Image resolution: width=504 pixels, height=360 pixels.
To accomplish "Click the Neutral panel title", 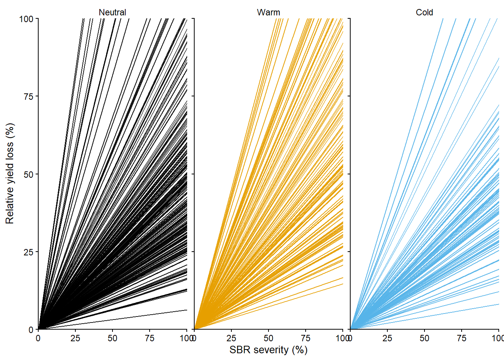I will tap(112, 12).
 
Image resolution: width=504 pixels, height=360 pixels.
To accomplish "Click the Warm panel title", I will tap(268, 12).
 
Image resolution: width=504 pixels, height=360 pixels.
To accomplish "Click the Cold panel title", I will tap(424, 12).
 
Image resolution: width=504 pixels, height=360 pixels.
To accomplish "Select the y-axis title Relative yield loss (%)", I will tap(10, 174).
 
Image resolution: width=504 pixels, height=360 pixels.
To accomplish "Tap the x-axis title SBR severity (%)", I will tap(268, 350).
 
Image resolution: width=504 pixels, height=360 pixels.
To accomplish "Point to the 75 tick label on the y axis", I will tap(28, 96).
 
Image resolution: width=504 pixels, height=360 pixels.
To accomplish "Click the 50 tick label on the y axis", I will tap(28, 174).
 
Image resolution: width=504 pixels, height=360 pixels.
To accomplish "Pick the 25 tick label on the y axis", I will tap(28, 252).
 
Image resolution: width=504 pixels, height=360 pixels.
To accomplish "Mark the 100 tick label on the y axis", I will tap(26, 19).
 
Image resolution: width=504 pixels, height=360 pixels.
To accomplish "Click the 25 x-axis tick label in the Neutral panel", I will tap(75, 338).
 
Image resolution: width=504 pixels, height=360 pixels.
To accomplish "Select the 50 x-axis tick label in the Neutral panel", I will tap(112, 338).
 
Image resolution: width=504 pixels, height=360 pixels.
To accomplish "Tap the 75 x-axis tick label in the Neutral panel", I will tap(149, 338).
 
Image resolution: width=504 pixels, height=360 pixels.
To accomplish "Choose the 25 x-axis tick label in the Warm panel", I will tap(231, 338).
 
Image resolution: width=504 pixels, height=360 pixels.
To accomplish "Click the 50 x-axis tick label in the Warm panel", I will tap(268, 338).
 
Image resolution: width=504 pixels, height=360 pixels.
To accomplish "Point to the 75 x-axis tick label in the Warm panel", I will tap(305, 338).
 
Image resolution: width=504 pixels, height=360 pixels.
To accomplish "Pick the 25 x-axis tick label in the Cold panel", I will tap(387, 338).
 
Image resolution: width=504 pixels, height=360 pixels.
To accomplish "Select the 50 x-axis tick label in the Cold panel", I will tap(424, 338).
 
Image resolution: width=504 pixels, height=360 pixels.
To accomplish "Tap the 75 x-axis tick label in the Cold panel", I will tap(461, 338).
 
